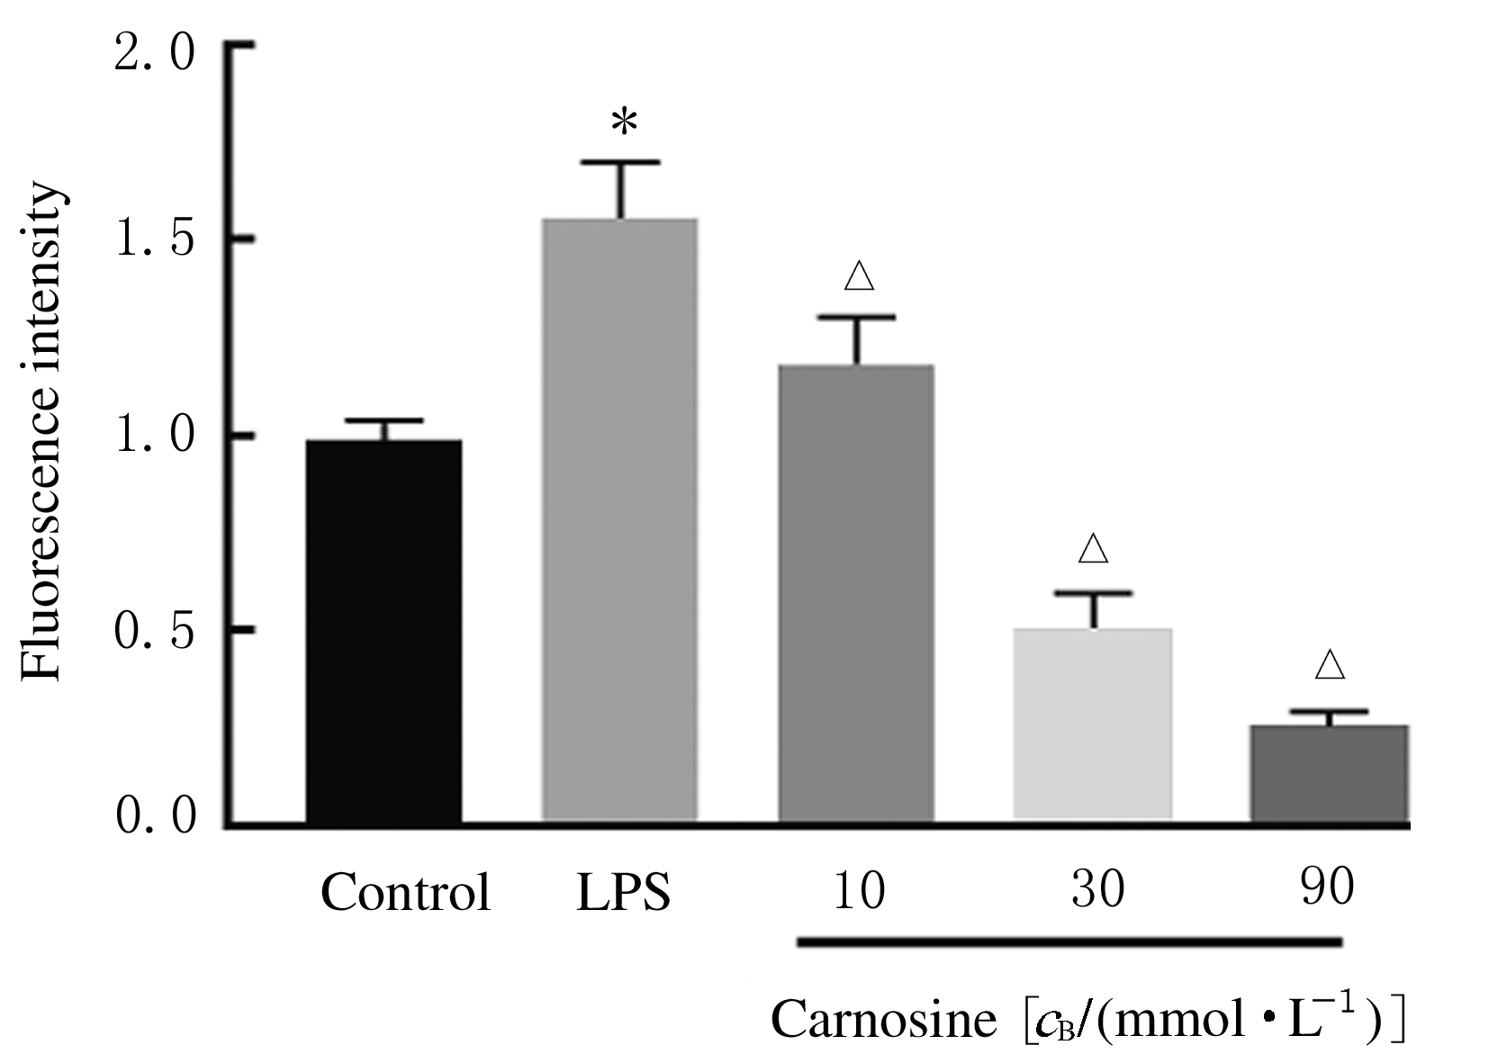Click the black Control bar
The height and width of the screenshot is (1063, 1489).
384,630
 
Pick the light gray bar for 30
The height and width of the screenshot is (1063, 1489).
1093,724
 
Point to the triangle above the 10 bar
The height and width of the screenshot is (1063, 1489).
860,276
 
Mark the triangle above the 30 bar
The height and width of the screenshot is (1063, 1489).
1093,549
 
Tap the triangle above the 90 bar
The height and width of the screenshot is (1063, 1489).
1330,666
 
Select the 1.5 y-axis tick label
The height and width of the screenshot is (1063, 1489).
155,240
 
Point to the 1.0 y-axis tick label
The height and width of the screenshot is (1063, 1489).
155,436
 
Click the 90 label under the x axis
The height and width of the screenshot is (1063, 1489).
1328,890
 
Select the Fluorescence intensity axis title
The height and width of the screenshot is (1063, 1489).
42,433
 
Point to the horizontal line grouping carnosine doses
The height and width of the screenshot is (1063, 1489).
1069,942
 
